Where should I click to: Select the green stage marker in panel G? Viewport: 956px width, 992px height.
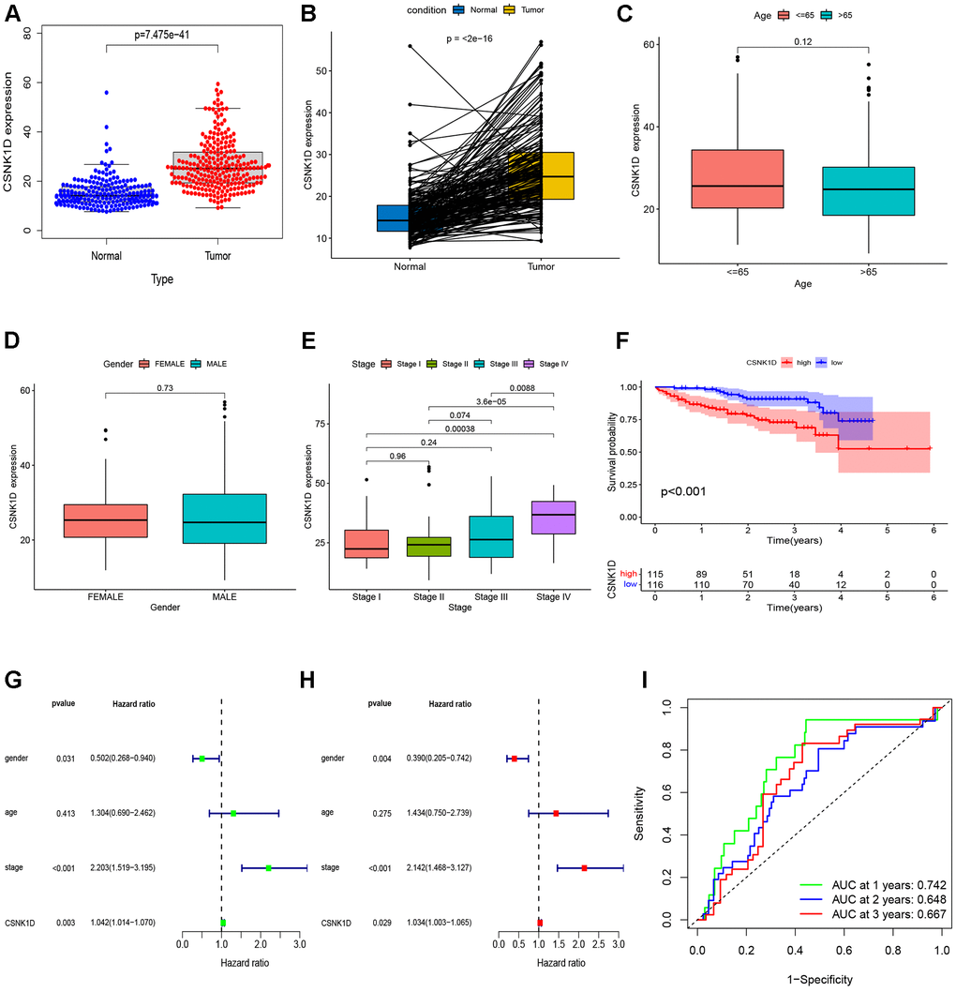(269, 867)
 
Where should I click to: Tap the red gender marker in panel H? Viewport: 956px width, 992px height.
(514, 758)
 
